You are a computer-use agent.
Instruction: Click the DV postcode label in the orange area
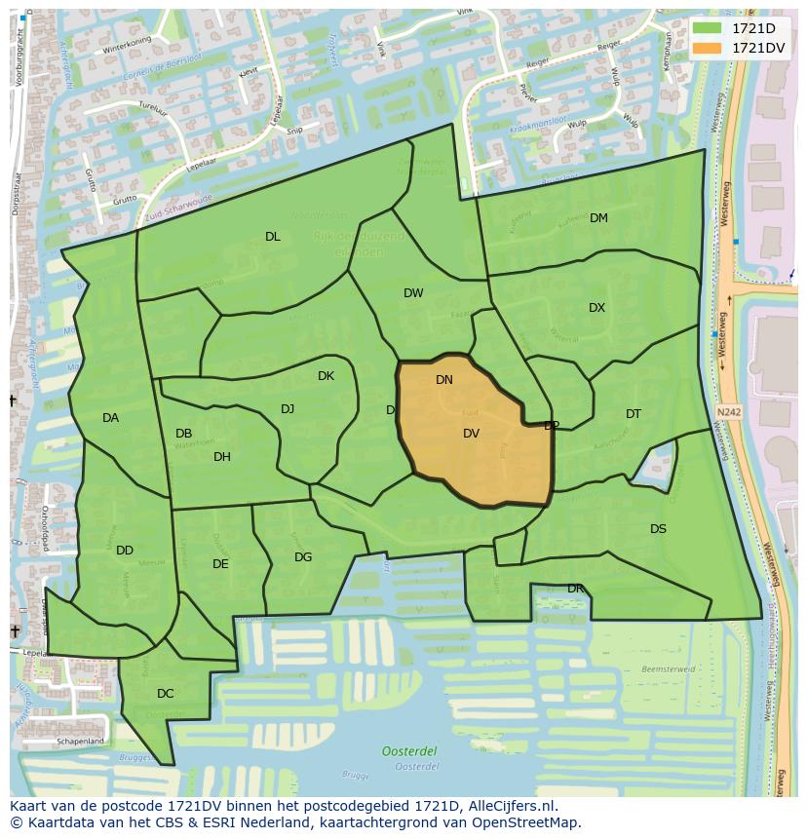coord(471,434)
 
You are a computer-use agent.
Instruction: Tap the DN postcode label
coord(444,380)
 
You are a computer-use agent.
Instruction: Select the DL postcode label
coord(273,237)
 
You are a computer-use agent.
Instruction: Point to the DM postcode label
coord(598,218)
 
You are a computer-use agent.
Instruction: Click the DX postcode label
coord(596,308)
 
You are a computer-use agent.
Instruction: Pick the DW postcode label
coord(413,293)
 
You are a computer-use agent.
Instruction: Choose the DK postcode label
coord(326,376)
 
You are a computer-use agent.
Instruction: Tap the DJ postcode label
coord(288,409)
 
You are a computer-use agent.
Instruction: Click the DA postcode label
coord(110,418)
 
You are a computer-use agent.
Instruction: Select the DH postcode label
coord(222,457)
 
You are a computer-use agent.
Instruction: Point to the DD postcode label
coord(125,551)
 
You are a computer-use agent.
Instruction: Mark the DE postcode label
coord(220,564)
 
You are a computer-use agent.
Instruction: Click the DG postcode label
coord(303,557)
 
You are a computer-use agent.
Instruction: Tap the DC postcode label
coord(166,694)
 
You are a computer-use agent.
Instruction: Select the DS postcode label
coord(659,529)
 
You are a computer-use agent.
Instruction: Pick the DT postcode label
coord(634,414)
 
